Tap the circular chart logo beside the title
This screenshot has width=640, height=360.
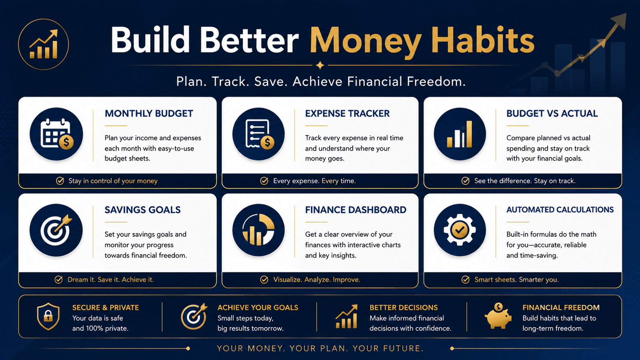coord(44,44)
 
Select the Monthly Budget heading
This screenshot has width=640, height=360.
coord(149,114)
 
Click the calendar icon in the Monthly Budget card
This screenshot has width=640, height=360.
coord(56,134)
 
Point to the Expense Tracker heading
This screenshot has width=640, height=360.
coord(347,114)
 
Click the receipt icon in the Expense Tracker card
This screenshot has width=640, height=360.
coord(258,134)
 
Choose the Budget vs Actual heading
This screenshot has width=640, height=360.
coord(552,114)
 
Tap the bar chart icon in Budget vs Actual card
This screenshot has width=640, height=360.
coord(460,134)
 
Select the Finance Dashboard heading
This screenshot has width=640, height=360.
coord(356,210)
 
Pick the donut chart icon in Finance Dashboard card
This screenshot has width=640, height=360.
coord(258,230)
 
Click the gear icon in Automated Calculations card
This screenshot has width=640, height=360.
coord(460,230)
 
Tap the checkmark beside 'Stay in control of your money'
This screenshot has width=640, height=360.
coord(60,181)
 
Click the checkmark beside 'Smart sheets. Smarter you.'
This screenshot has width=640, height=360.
coord(466,280)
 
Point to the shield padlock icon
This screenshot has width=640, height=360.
coord(48,316)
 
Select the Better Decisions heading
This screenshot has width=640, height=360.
coord(404,308)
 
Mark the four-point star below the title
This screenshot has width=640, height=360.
coord(320,66)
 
